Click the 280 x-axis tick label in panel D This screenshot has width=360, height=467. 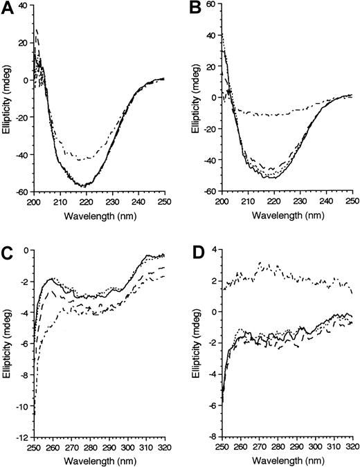[276, 446]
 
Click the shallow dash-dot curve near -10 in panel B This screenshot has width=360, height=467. [277, 114]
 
